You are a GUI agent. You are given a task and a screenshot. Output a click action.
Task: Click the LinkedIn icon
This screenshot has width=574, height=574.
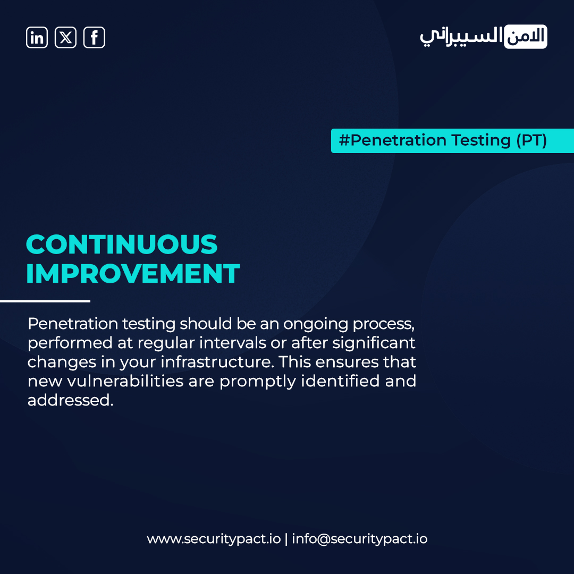tap(37, 38)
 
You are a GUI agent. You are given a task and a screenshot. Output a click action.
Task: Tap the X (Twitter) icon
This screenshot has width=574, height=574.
tap(65, 38)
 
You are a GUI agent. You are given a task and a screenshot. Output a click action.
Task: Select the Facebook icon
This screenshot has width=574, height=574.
tap(94, 38)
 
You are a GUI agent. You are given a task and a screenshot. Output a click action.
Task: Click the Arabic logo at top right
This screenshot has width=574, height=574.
tap(483, 37)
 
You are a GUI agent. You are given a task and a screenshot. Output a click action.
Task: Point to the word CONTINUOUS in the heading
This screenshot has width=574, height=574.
tap(122, 244)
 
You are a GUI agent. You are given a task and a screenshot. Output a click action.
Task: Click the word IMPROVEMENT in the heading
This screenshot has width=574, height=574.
tap(133, 274)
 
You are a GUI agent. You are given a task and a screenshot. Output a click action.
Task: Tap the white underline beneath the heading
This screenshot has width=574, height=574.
tap(45, 301)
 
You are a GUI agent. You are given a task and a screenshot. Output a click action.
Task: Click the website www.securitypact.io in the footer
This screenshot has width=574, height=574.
tap(214, 539)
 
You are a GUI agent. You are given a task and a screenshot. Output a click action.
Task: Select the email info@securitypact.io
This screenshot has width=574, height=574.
tap(359, 539)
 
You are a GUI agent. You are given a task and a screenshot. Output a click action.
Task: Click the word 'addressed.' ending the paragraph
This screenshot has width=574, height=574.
tap(71, 400)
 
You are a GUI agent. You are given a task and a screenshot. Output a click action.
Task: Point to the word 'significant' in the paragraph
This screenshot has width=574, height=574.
tap(374, 343)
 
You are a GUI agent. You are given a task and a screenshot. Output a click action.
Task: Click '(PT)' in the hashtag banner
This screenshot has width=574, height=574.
tap(531, 141)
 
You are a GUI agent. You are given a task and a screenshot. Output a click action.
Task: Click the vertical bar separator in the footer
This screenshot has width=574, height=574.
tap(286, 539)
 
